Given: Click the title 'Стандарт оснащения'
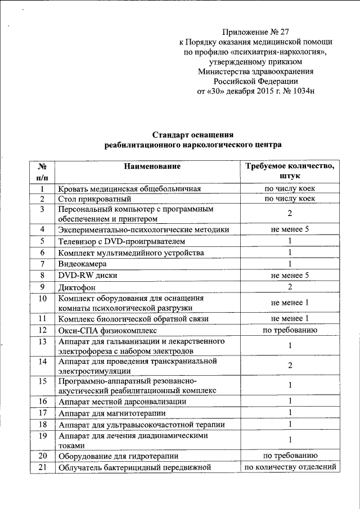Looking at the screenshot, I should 193,134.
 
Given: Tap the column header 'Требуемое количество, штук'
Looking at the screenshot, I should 290,171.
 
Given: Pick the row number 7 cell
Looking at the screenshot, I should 42,264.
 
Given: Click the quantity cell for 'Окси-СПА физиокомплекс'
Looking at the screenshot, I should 290,330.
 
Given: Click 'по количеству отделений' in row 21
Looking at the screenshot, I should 290,467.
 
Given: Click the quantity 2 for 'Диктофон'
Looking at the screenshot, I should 290,286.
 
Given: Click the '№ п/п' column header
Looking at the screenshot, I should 42,171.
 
